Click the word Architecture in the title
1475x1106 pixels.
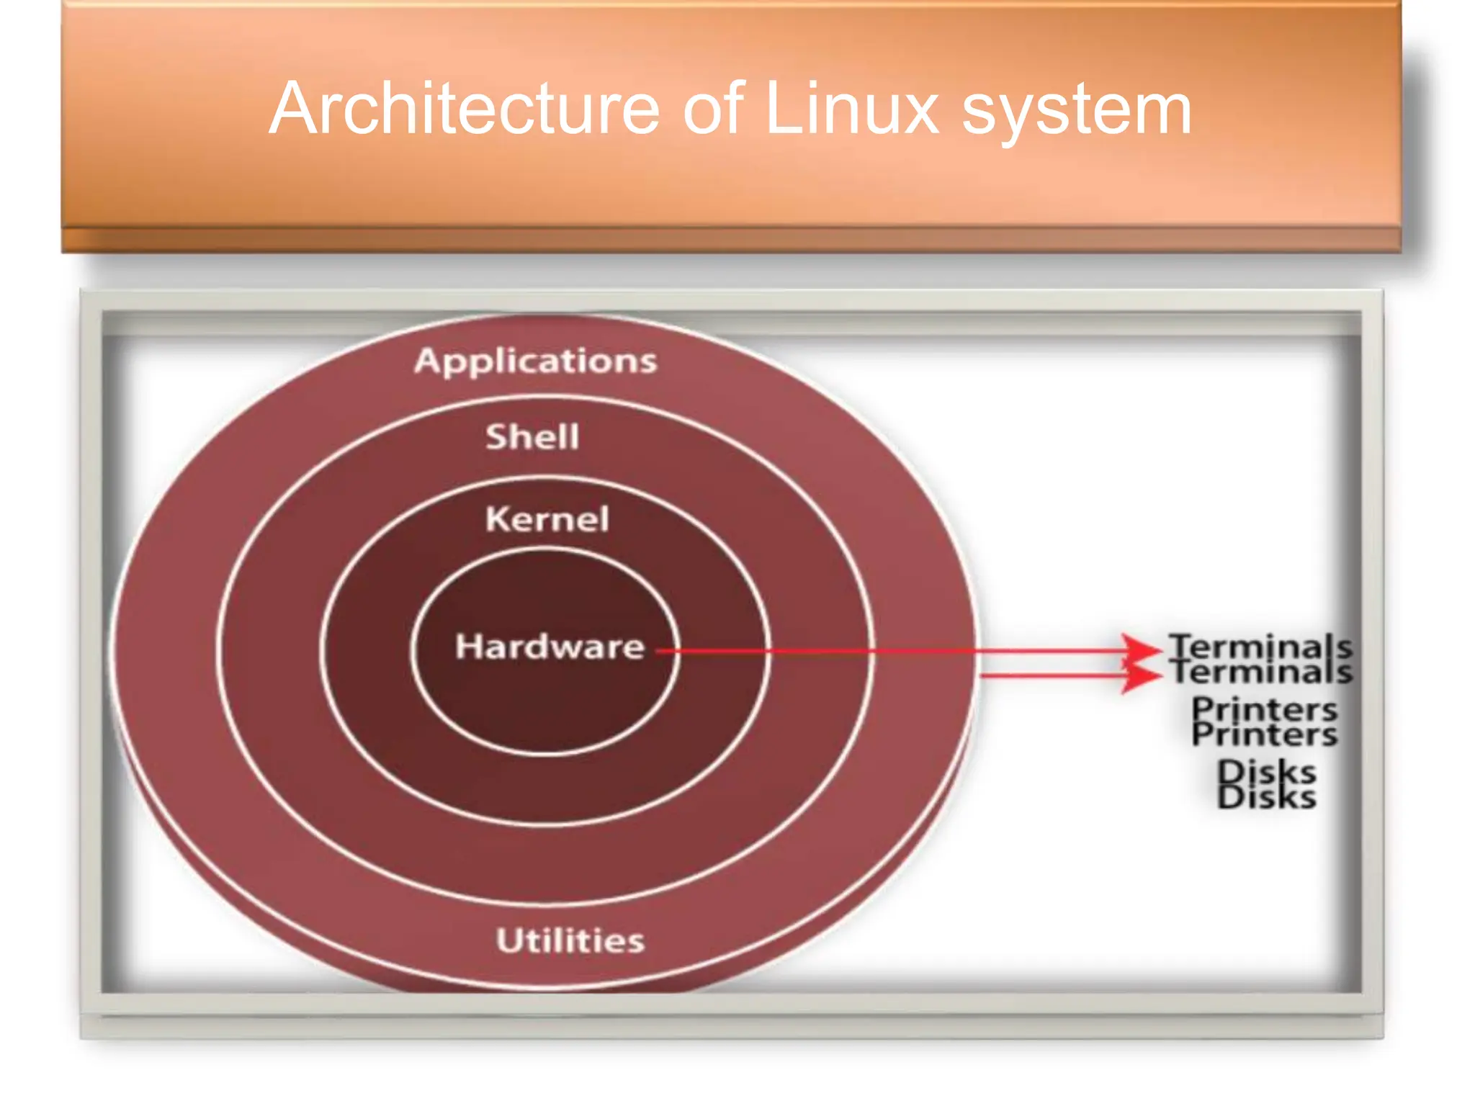465,109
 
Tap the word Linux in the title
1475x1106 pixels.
851,109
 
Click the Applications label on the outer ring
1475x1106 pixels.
535,361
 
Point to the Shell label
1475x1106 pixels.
532,437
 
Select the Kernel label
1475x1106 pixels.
547,519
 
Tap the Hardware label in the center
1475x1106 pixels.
550,647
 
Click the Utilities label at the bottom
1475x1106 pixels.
570,940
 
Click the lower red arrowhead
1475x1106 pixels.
1142,676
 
